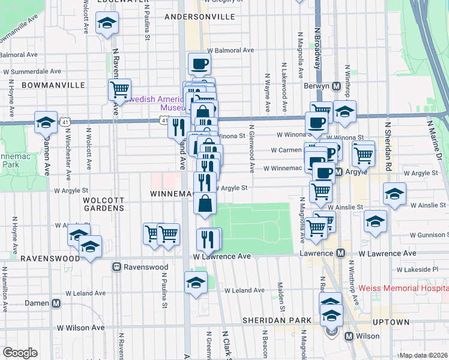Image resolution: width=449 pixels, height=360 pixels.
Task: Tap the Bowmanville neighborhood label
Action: [53, 85]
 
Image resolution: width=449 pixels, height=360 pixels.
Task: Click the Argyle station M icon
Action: [339, 173]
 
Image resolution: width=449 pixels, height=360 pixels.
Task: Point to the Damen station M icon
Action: [56, 304]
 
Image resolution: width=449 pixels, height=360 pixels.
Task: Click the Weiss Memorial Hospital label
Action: [403, 289]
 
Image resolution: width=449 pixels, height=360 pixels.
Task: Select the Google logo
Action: [20, 353]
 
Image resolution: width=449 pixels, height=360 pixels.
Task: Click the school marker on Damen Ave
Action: [46, 122]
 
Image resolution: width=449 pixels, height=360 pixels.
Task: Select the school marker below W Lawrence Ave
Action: [196, 283]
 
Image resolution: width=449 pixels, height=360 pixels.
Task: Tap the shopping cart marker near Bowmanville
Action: [120, 89]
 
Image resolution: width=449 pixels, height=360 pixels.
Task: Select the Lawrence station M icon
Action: [340, 254]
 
